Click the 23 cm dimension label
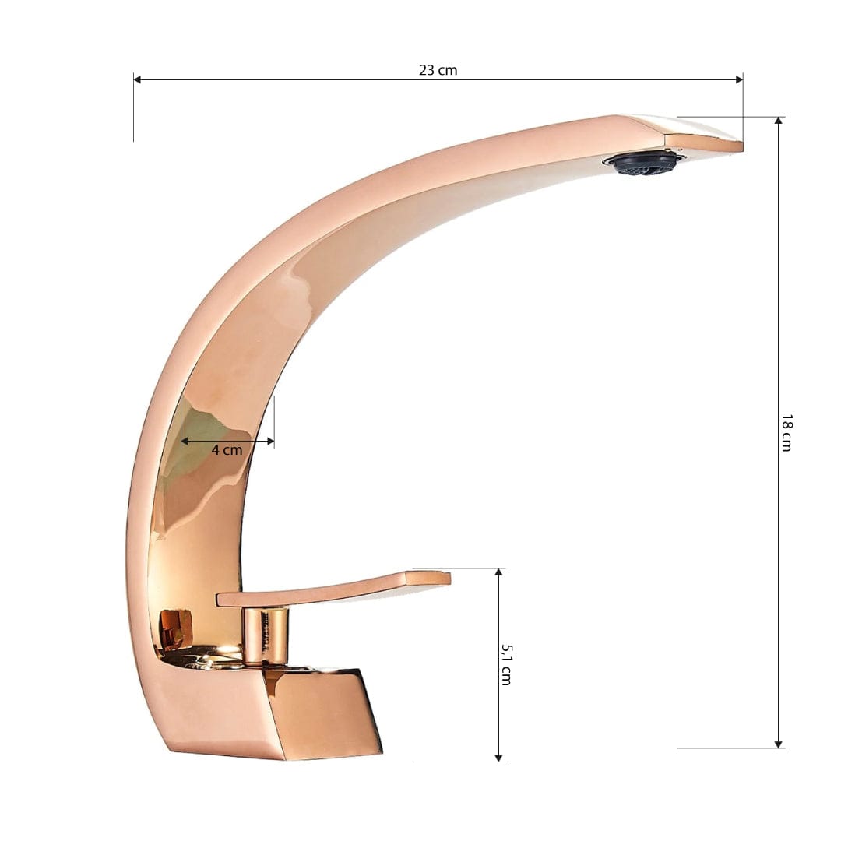(438, 70)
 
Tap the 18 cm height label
(786, 432)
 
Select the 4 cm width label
(227, 449)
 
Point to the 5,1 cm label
(505, 664)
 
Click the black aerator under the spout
(643, 163)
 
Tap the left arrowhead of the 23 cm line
(137, 79)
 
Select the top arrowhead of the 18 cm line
(778, 121)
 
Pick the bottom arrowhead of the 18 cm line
(778, 744)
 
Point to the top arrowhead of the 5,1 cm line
(498, 573)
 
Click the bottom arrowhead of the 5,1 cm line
(498, 757)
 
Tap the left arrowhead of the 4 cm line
(185, 442)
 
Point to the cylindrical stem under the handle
(265, 635)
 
